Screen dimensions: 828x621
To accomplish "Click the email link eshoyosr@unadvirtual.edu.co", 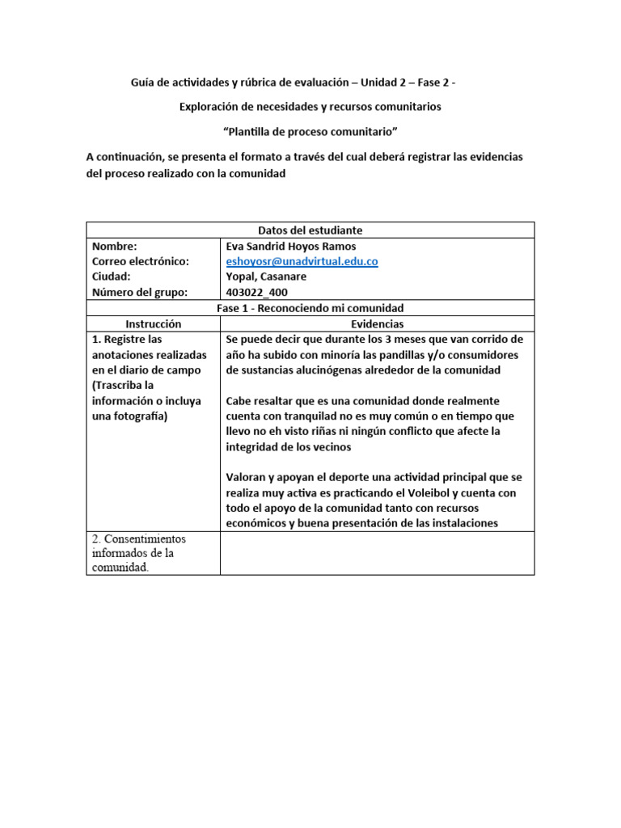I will pyautogui.click(x=302, y=261).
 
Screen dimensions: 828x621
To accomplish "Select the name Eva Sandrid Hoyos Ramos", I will pyautogui.click(x=291, y=246).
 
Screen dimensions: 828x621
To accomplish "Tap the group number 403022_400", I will pyautogui.click(x=256, y=292).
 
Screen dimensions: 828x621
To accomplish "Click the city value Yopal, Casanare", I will pyautogui.click(x=266, y=277).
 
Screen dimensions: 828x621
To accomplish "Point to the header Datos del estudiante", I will pyautogui.click(x=310, y=230).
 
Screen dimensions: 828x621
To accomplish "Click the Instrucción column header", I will pyautogui.click(x=153, y=323).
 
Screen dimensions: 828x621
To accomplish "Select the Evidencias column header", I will pyautogui.click(x=377, y=323).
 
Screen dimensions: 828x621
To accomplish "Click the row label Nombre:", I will pyautogui.click(x=114, y=246).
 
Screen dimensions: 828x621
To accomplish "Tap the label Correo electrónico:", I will pyautogui.click(x=140, y=261).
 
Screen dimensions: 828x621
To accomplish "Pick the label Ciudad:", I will pyautogui.click(x=111, y=277).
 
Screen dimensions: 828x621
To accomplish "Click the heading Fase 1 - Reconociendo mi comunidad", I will pyautogui.click(x=310, y=308).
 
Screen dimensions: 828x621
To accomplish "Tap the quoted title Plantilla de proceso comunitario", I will pyautogui.click(x=310, y=131).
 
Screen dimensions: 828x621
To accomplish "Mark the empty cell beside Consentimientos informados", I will pyautogui.click(x=377, y=553).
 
